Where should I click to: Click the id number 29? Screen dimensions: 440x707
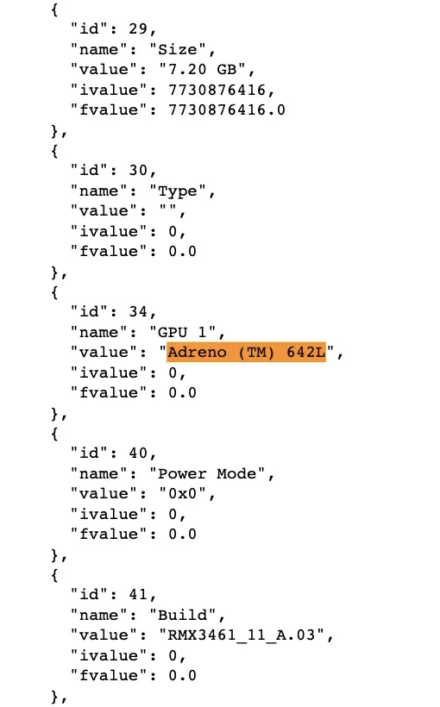pyautogui.click(x=138, y=29)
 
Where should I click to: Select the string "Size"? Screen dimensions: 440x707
pyautogui.click(x=178, y=50)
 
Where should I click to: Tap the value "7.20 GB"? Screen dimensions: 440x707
pyautogui.click(x=202, y=70)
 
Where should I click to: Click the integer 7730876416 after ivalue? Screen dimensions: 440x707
pyautogui.click(x=217, y=90)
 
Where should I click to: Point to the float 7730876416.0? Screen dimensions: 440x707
pyautogui.click(x=227, y=110)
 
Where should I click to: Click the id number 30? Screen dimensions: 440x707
pyautogui.click(x=138, y=171)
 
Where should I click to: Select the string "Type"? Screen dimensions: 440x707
pyautogui.click(x=178, y=191)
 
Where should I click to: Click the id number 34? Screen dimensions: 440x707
pyautogui.click(x=138, y=312)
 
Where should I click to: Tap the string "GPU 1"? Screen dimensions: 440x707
pyautogui.click(x=183, y=332)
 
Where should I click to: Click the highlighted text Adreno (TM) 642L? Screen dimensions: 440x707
pyautogui.click(x=247, y=352)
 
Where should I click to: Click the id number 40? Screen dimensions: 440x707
pyautogui.click(x=138, y=454)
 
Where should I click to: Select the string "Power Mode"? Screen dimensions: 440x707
pyautogui.click(x=207, y=474)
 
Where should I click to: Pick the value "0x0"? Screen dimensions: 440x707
pyautogui.click(x=182, y=494)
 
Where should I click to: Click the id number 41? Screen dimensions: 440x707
pyautogui.click(x=138, y=595)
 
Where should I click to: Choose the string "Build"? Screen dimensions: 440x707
pyautogui.click(x=183, y=615)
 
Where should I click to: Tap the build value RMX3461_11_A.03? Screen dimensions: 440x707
pyautogui.click(x=242, y=635)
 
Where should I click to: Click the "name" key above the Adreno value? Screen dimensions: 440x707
pyautogui.click(x=99, y=332)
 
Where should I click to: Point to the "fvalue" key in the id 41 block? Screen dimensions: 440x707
pyautogui.click(x=109, y=675)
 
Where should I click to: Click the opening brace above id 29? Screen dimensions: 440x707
pyautogui.click(x=54, y=9)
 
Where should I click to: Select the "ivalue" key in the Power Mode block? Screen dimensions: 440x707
pyautogui.click(x=109, y=514)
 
